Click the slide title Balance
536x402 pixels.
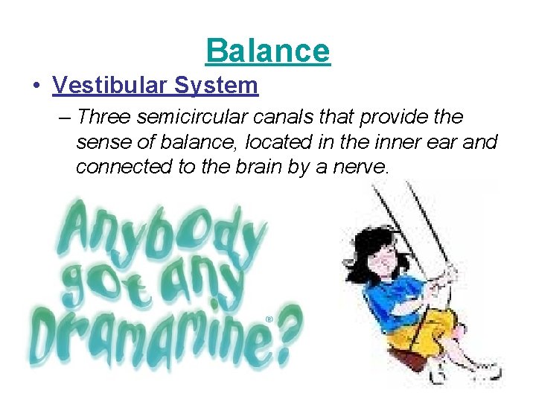[x=268, y=51]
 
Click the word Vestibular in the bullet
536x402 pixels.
[x=111, y=86]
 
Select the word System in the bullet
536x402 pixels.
[x=217, y=86]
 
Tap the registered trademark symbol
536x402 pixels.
[x=269, y=319]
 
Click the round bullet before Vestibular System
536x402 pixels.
[x=35, y=86]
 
